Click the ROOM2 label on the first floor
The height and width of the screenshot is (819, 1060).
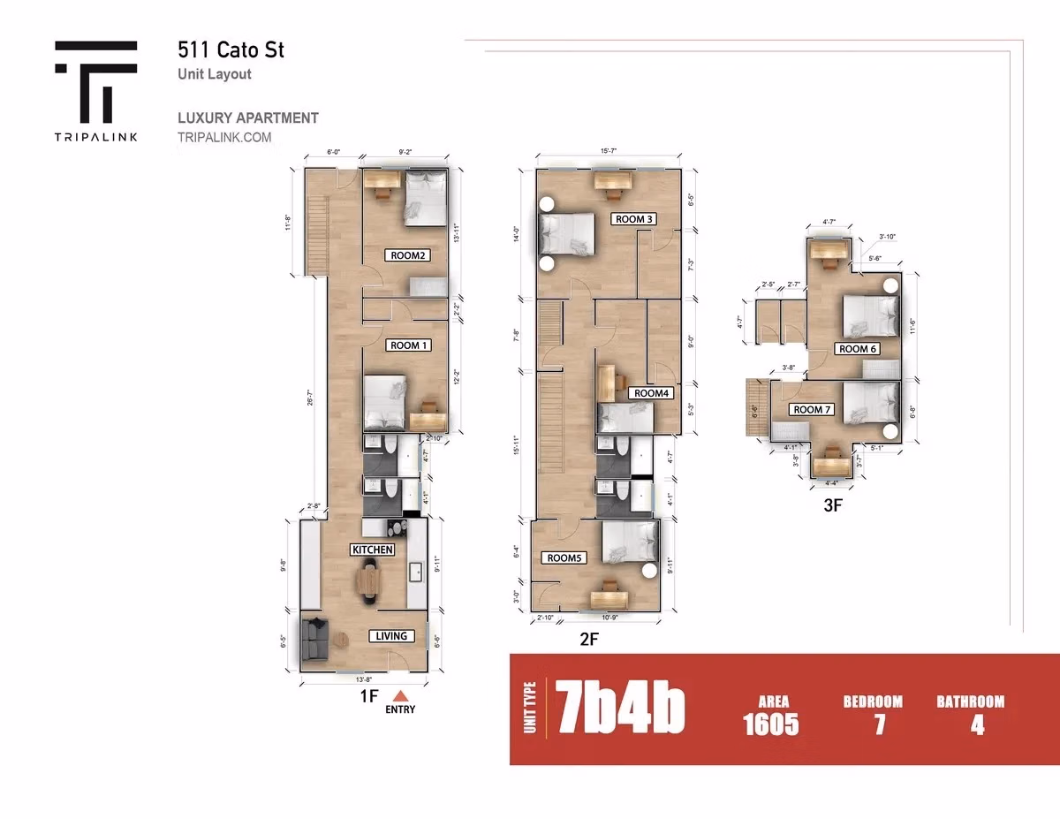tap(407, 255)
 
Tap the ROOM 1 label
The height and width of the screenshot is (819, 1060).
tap(409, 345)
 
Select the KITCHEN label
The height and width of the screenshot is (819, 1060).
tap(373, 550)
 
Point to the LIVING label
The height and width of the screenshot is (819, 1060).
tap(391, 636)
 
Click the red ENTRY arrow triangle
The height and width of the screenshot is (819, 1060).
tap(400, 694)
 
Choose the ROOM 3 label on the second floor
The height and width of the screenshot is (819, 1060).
tap(634, 219)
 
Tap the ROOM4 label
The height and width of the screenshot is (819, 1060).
tap(652, 393)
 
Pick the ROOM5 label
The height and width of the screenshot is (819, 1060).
tap(565, 558)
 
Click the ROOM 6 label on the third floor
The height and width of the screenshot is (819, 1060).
tap(858, 349)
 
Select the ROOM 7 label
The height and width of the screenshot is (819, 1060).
tap(813, 410)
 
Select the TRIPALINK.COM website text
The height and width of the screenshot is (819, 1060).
tap(224, 138)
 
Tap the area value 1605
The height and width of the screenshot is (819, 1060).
tap(771, 725)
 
